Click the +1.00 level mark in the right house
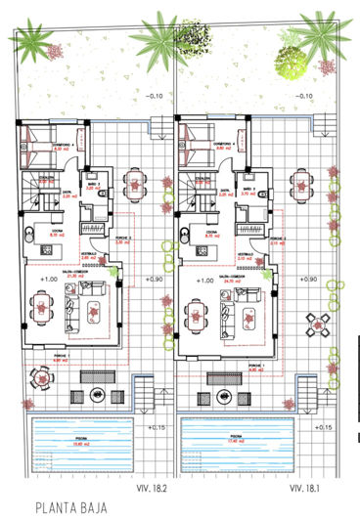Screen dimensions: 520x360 click(x=200, y=281)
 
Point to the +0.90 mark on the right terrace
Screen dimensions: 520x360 click(x=308, y=281)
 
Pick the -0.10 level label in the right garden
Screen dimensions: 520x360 click(x=303, y=96)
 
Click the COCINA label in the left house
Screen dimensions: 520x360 click(x=59, y=233)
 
